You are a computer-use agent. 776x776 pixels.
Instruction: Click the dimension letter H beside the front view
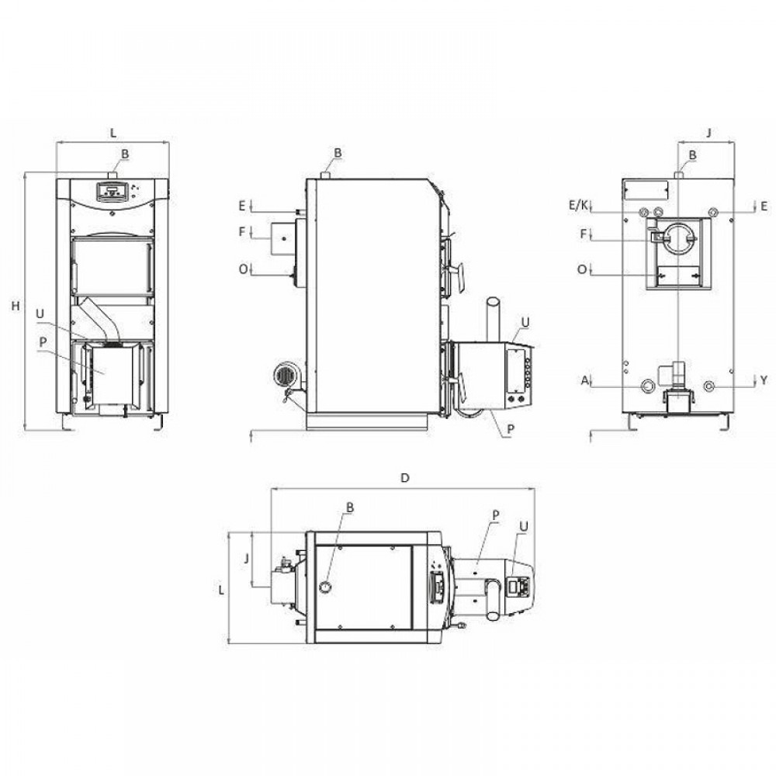[15, 307]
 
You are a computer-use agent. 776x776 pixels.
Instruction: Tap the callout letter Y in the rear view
[764, 380]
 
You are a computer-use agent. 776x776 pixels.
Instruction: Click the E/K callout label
[578, 205]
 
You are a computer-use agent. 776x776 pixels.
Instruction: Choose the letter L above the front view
[113, 133]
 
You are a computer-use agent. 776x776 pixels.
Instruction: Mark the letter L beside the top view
[222, 590]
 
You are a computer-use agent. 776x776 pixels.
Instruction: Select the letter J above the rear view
[708, 133]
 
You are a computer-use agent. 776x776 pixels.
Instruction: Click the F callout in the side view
[242, 231]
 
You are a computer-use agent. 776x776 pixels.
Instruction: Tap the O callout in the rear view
[582, 269]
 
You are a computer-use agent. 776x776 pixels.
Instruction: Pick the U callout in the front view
[40, 314]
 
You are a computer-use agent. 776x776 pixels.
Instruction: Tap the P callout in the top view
[495, 514]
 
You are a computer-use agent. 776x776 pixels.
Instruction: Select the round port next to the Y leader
[710, 386]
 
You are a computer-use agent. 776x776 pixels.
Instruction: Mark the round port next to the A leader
[647, 386]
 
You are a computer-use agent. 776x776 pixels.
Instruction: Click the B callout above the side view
[338, 152]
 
